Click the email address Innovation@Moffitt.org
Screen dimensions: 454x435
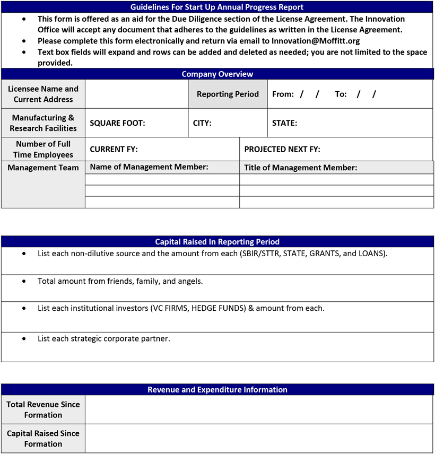point(316,40)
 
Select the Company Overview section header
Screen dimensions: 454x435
point(217,74)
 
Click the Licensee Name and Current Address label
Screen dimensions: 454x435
point(43,94)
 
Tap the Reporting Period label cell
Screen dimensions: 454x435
point(228,94)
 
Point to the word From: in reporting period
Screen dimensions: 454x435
point(283,94)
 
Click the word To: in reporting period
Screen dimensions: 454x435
point(341,94)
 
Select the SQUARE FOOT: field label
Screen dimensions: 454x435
point(117,123)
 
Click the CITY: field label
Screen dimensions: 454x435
point(202,123)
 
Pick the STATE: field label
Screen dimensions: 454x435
point(284,123)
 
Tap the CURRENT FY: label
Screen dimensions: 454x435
point(114,150)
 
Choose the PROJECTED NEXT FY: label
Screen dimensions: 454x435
point(282,150)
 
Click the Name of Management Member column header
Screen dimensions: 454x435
point(149,167)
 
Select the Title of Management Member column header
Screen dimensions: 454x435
point(300,168)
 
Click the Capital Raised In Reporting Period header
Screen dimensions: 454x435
point(217,242)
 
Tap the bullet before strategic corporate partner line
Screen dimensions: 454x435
point(24,338)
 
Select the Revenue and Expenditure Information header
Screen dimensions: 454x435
point(217,390)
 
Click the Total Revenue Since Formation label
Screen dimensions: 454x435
point(43,409)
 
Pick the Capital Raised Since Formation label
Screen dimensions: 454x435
point(43,439)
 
